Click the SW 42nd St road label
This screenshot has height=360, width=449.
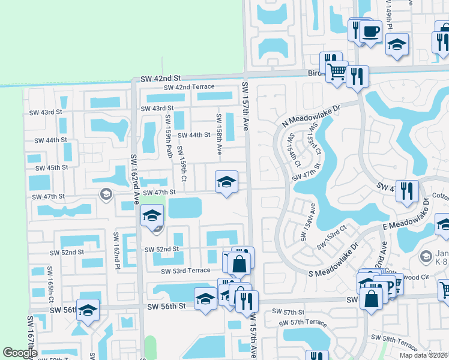coord(160,79)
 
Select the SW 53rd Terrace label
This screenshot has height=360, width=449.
coord(185,271)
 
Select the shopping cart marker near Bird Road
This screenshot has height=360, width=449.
coord(337,71)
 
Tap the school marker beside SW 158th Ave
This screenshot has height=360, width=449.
coord(226,181)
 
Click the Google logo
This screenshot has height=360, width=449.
coord(19,353)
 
